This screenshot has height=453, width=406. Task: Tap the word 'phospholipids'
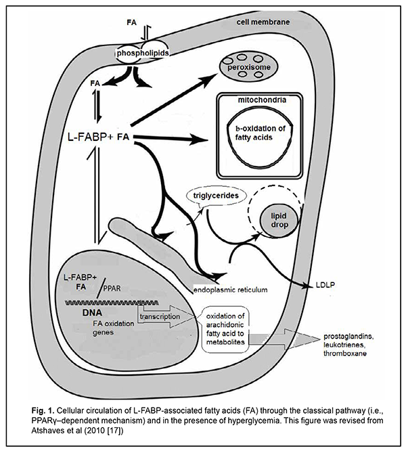coord(143,51)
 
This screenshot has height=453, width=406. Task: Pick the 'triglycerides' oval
coord(215,195)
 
